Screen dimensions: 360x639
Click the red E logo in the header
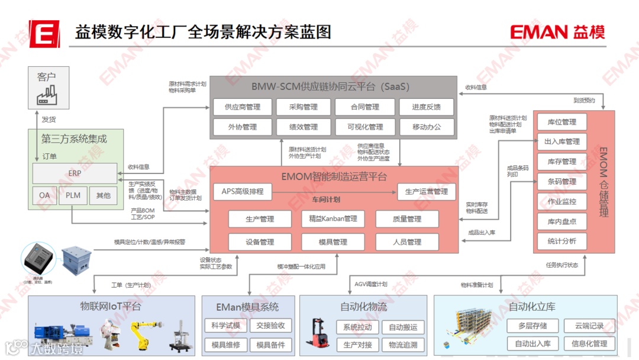tap(44, 33)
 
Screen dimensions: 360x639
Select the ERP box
tap(75, 173)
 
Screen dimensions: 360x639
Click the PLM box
tap(73, 195)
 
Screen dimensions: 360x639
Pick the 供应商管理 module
tap(243, 107)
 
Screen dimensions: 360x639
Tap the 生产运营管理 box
tap(426, 191)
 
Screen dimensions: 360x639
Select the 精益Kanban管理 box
tap(333, 219)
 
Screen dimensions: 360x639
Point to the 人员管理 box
tap(406, 242)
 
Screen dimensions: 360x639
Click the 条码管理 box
tap(561, 181)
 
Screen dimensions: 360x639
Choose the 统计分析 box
tap(561, 241)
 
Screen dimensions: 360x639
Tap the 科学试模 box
tap(225, 326)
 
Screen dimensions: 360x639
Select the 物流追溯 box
tap(402, 344)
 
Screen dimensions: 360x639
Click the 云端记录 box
tap(589, 326)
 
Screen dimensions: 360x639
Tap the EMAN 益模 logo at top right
tap(557, 32)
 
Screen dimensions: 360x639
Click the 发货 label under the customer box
tap(49, 120)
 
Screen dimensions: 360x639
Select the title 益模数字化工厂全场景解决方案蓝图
tap(203, 32)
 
